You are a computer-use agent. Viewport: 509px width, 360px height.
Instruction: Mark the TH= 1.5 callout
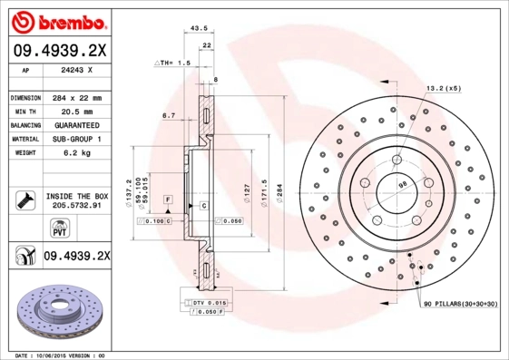click(173, 63)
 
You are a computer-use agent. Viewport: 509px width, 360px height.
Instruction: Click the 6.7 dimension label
click(168, 116)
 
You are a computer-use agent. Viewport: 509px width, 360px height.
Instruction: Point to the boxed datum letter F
click(168, 198)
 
